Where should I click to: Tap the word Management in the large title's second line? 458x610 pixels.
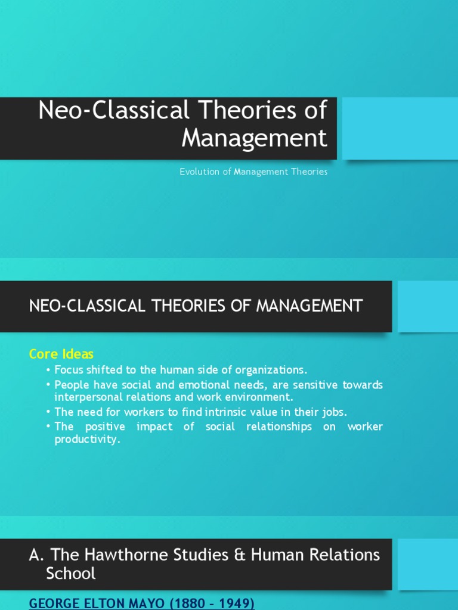point(254,138)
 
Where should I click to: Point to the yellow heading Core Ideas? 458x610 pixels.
point(61,354)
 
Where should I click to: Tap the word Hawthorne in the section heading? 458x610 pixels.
point(113,555)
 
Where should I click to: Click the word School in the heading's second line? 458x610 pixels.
point(70,574)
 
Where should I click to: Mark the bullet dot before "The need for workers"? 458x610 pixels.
point(48,412)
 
